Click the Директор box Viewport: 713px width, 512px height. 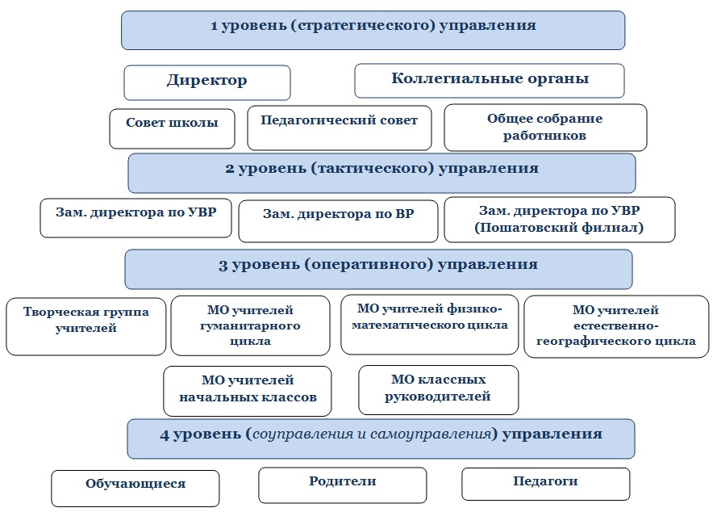pyautogui.click(x=207, y=82)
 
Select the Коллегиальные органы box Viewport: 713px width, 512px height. pyautogui.click(x=490, y=81)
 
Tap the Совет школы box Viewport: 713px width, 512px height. pyautogui.click(x=172, y=128)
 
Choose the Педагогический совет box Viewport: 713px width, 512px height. pyautogui.click(x=340, y=128)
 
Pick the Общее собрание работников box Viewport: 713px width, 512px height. pyautogui.click(x=545, y=128)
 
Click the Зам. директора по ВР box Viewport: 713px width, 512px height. pyautogui.click(x=338, y=221)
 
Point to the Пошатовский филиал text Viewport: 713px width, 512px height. pyautogui.click(x=559, y=227)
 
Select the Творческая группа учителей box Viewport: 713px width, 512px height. pyautogui.click(x=86, y=326)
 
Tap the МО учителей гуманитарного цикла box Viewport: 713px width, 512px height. pyautogui.click(x=250, y=325)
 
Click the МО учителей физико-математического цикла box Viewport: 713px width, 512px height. pyautogui.click(x=429, y=325)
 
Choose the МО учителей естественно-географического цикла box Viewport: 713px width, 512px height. pyautogui.click(x=616, y=326)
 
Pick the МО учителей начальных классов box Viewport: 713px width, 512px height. pyautogui.click(x=248, y=391)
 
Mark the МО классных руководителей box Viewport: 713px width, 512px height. pyautogui.click(x=438, y=390)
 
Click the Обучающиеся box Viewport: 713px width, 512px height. pyautogui.click(x=135, y=489)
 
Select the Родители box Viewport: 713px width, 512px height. pyautogui.click(x=343, y=485)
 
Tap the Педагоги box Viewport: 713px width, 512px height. pyautogui.click(x=546, y=484)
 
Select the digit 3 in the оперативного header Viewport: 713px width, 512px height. pyautogui.click(x=223, y=265)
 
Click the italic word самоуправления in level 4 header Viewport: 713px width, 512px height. pyautogui.click(x=431, y=434)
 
